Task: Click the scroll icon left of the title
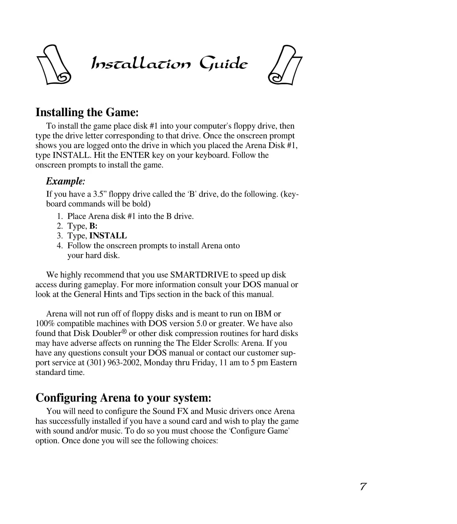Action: pyautogui.click(x=53, y=65)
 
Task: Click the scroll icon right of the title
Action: pyautogui.click(x=285, y=65)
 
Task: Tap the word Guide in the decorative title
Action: pyautogui.click(x=223, y=64)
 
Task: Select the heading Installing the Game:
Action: pyautogui.click(x=87, y=112)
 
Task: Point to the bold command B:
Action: pyautogui.click(x=93, y=226)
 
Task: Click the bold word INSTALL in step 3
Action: pyautogui.click(x=108, y=236)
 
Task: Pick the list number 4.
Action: pyautogui.click(x=60, y=246)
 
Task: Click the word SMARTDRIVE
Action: pyautogui.click(x=199, y=275)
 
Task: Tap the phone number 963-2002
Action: pyautogui.click(x=125, y=363)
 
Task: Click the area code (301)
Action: pyautogui.click(x=96, y=363)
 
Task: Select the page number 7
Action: pyautogui.click(x=363, y=487)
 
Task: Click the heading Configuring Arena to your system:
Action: pyautogui.click(x=123, y=398)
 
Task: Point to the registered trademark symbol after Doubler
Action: pyautogui.click(x=124, y=332)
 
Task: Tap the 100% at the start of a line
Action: pyautogui.click(x=45, y=324)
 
